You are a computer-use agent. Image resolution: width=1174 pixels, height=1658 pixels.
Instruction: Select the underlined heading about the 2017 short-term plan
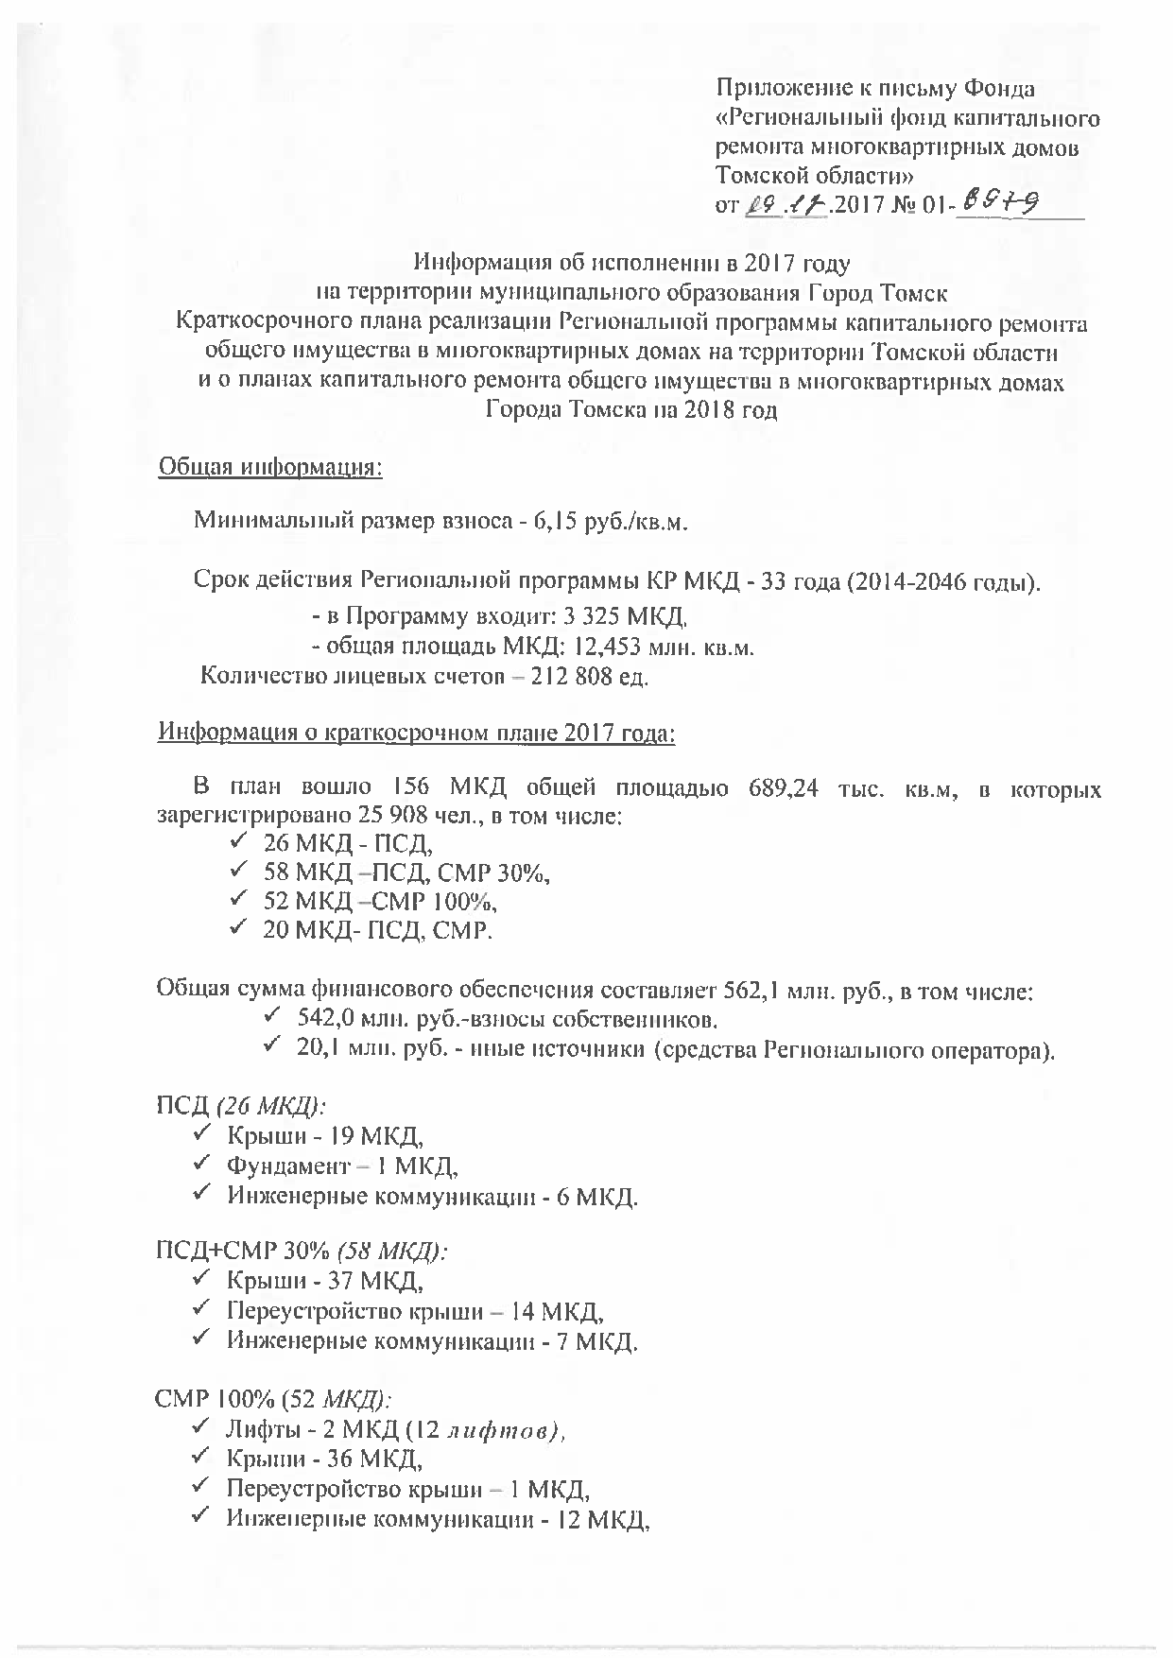click(x=416, y=733)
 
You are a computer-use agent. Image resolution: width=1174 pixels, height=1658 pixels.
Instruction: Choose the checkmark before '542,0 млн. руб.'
click(x=272, y=1018)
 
